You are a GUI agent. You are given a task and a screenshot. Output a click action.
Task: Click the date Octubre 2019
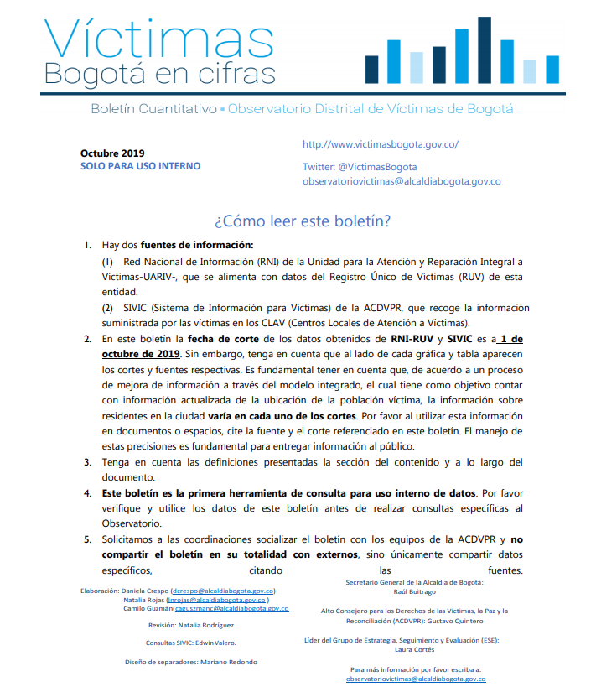tap(112, 153)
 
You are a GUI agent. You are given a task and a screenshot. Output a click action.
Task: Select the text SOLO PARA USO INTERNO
tap(140, 166)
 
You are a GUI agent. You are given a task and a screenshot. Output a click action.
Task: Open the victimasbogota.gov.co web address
tap(380, 144)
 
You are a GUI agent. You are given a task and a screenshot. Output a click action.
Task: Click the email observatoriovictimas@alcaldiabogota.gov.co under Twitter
tap(402, 180)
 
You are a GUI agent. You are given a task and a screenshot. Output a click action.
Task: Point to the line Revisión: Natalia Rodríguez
tap(191, 625)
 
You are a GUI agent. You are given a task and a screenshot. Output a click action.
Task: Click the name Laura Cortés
tap(414, 649)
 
